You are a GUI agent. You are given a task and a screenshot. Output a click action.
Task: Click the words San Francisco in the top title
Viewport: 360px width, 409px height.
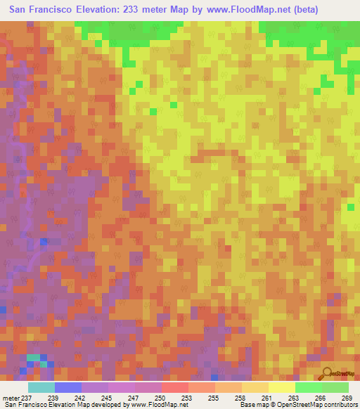(x=43, y=10)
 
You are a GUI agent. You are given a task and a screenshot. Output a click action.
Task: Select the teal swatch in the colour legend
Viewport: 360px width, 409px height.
(x=41, y=387)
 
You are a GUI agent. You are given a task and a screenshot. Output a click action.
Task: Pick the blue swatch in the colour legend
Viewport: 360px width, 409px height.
(x=67, y=387)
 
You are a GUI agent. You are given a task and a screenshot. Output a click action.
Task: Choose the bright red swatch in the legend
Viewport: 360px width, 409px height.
(x=174, y=387)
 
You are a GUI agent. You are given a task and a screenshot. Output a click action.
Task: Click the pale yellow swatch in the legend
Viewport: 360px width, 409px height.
(x=281, y=387)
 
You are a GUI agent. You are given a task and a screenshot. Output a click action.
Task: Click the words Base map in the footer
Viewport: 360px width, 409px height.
(x=252, y=405)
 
